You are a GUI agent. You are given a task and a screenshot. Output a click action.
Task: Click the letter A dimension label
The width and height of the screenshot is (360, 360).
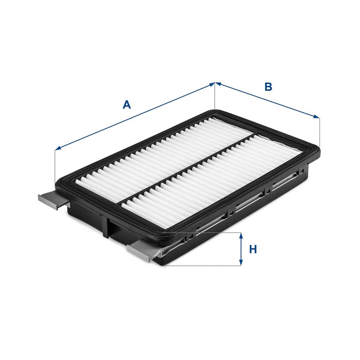click(127, 105)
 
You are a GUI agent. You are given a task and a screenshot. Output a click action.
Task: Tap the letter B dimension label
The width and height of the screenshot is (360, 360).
click(268, 87)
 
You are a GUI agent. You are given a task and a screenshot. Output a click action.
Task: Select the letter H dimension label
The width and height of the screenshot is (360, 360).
click(253, 249)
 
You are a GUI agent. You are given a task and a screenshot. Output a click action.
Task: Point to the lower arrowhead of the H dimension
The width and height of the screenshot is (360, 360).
click(241, 262)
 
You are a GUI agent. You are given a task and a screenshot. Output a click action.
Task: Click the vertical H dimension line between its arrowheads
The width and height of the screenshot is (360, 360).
click(241, 249)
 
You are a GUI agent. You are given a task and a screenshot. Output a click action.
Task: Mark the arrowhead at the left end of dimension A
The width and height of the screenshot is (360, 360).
click(57, 149)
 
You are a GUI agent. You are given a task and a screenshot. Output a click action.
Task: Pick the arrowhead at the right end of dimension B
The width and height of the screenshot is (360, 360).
click(317, 117)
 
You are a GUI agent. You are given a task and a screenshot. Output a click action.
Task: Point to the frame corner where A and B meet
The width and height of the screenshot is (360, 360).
click(215, 111)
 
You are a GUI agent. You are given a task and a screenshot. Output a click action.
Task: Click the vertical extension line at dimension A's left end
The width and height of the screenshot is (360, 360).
click(54, 166)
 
